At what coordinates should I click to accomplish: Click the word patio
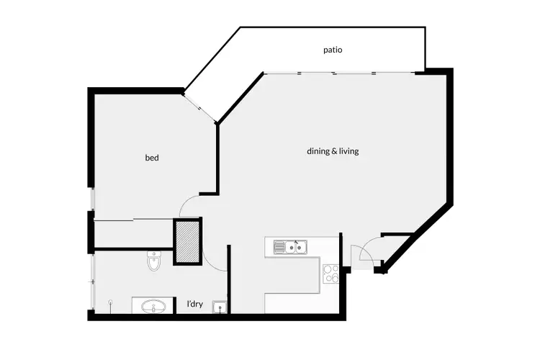pyautogui.click(x=332, y=50)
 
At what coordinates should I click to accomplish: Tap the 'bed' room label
pyautogui.click(x=152, y=158)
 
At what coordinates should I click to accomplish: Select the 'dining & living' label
pyautogui.click(x=333, y=152)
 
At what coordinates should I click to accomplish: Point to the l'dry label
pyautogui.click(x=194, y=305)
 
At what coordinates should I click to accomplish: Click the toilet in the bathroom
pyautogui.click(x=153, y=261)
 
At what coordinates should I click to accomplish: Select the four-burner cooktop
pyautogui.click(x=331, y=274)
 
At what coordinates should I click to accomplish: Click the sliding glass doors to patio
pyautogui.click(x=338, y=73)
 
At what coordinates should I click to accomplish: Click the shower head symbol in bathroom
pyautogui.click(x=110, y=302)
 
